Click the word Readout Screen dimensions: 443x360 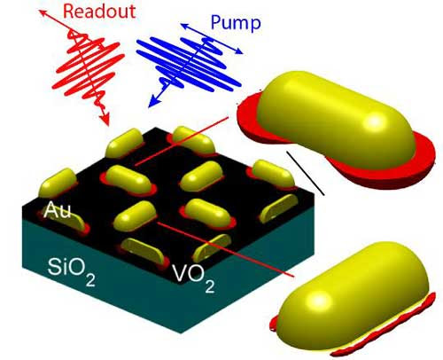tap(99, 12)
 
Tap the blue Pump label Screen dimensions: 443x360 tap(236, 22)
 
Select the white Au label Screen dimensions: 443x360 tap(57, 210)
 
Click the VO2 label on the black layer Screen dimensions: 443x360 tap(194, 278)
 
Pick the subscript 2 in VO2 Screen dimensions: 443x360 tap(210, 286)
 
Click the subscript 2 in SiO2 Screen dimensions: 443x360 tap(90, 279)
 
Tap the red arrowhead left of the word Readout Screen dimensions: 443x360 tap(43, 13)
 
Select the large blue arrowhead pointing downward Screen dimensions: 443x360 tap(153, 101)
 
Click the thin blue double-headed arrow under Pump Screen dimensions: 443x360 tap(212, 39)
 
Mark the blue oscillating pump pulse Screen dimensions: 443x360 tap(189, 65)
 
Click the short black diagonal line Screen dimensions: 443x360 tap(305, 173)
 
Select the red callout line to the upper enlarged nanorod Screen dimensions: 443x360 tap(182, 141)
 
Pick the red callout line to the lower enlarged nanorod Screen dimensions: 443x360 tap(225, 250)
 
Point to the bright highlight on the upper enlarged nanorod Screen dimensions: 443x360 tap(375, 121)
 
